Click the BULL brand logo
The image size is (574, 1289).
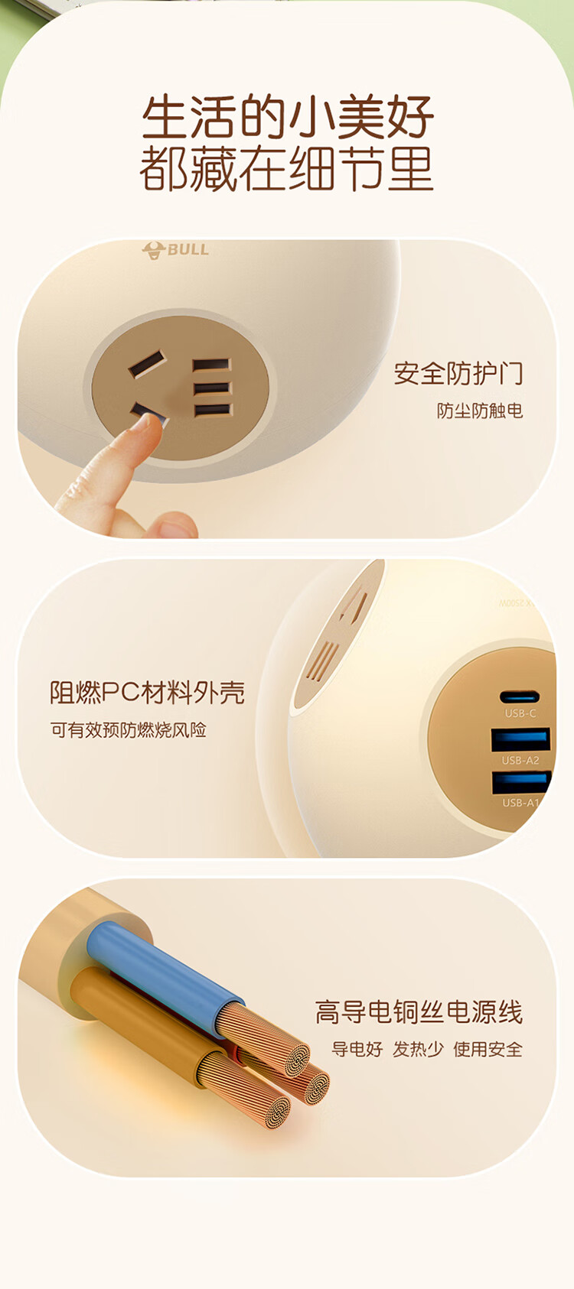175,250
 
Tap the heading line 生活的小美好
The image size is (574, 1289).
288,117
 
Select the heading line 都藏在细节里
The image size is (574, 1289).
286,169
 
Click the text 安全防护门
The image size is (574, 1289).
458,373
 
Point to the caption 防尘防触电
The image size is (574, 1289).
480,411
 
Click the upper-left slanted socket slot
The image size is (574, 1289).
148,364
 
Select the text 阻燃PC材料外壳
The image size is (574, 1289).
147,692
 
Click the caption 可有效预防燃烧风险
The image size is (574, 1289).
128,729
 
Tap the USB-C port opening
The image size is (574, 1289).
520,696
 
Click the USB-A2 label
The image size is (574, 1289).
520,760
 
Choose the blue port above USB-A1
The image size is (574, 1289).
521,782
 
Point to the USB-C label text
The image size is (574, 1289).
520,713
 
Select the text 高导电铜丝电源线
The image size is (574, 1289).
419,1011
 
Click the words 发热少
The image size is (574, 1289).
418,1049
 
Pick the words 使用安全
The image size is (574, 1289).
488,1049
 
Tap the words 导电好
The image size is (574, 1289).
357,1049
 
